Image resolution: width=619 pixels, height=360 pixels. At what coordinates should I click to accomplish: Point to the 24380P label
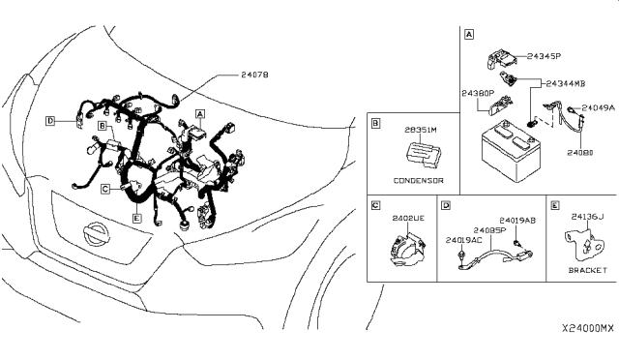[477, 94]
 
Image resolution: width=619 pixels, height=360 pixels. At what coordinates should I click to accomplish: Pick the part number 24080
[579, 152]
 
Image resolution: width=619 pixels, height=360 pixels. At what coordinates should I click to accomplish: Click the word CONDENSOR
[419, 180]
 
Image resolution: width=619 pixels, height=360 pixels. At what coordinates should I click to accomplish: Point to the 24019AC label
[463, 239]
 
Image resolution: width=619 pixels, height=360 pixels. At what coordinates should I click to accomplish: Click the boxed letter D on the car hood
[48, 121]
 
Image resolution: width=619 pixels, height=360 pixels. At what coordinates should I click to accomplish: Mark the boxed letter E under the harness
[137, 219]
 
